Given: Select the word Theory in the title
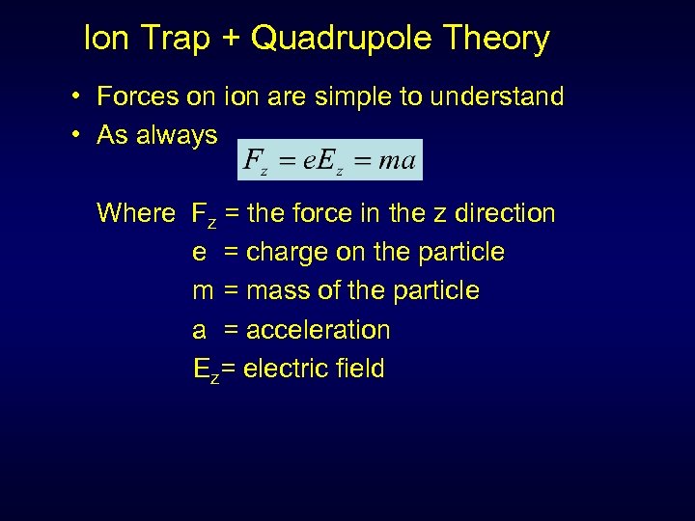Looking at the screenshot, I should click(x=495, y=39).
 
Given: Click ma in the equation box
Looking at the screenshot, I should click(x=397, y=160).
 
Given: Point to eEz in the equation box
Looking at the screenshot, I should click(x=323, y=161).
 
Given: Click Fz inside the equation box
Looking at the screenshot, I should click(x=256, y=161).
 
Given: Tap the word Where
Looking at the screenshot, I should click(x=136, y=213).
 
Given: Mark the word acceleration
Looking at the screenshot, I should click(x=319, y=330).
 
